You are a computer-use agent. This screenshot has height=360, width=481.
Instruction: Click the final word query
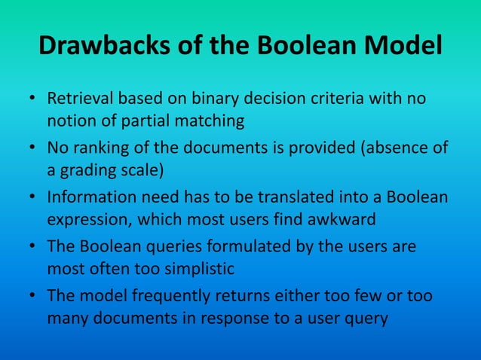[x=366, y=316]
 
